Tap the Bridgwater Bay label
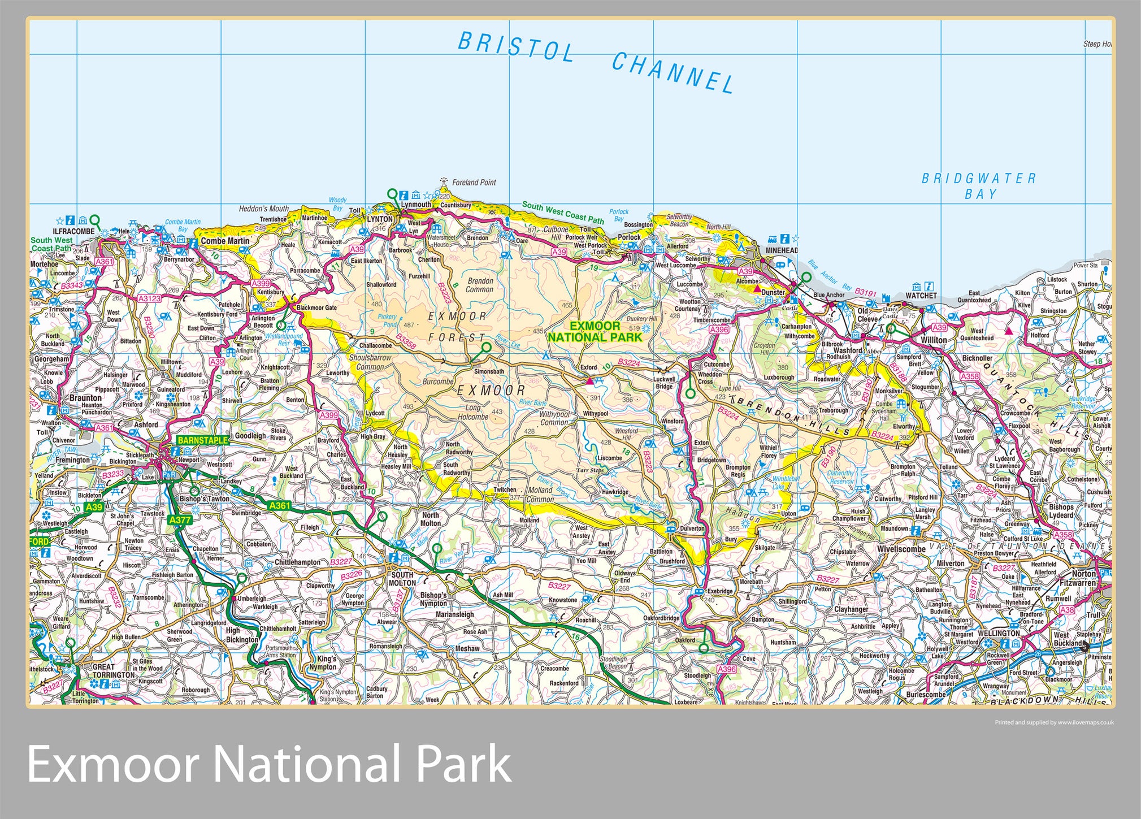(979, 186)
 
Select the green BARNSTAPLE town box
(202, 440)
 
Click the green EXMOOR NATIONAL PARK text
(595, 332)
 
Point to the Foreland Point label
(474, 183)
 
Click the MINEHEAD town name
(782, 250)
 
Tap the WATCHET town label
(921, 296)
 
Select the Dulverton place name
(692, 528)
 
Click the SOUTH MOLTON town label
(402, 579)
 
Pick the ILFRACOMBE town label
(73, 232)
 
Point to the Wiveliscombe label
(901, 549)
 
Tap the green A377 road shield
(180, 520)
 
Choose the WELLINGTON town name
(999, 633)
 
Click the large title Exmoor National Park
(269, 764)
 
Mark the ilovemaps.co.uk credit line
(1053, 722)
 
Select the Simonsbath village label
(489, 371)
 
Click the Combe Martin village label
(225, 241)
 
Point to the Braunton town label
(85, 398)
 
